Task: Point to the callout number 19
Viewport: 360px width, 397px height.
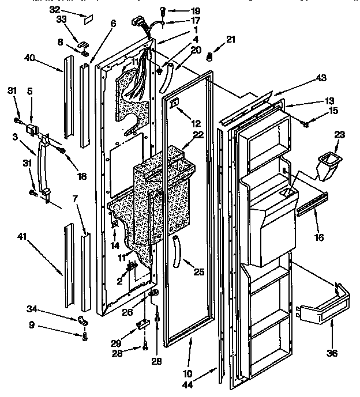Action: [x=179, y=10]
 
